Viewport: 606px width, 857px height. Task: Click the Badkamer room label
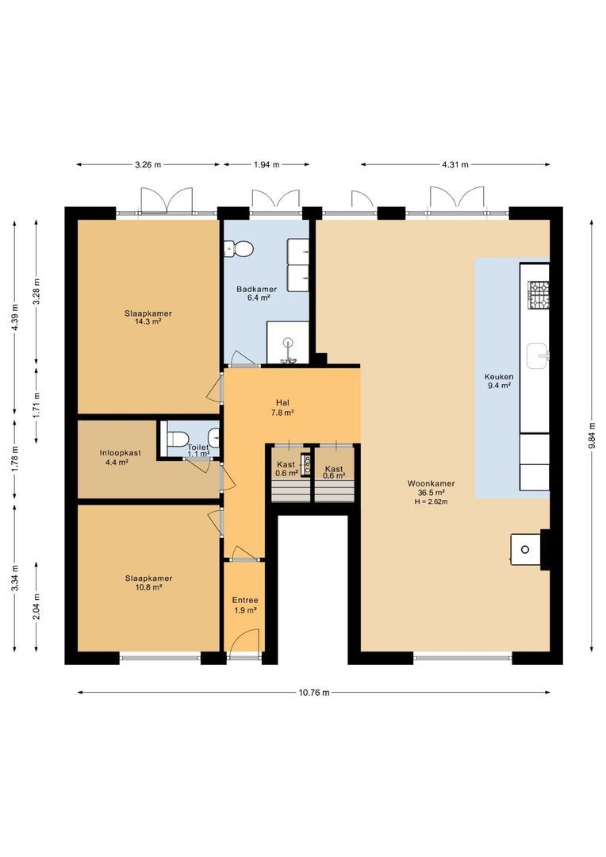coord(256,289)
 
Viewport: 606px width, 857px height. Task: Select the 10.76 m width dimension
coord(313,693)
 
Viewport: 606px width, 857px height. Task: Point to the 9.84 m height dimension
coord(592,436)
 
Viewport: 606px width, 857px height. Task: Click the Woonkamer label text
coord(431,484)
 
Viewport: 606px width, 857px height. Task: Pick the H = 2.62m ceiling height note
coord(431,502)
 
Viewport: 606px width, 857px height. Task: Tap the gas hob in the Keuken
coord(538,294)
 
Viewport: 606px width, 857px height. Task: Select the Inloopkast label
coord(121,453)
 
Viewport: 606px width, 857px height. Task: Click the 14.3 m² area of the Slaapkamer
coord(148,322)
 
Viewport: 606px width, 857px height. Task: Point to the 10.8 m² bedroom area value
coord(148,587)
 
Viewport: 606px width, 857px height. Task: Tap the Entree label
coord(245,600)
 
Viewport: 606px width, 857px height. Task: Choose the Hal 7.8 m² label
coord(282,408)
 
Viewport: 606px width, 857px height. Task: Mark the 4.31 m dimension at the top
coord(455,164)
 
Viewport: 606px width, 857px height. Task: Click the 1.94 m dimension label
coord(266,164)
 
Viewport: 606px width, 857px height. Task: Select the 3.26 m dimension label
coord(148,164)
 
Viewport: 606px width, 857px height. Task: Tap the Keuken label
coord(499,377)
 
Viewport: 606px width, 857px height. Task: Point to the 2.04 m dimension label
coord(36,607)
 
